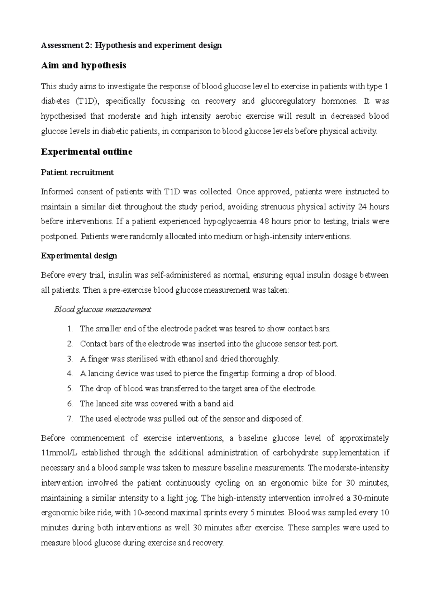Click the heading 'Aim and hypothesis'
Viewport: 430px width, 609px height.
[x=83, y=66]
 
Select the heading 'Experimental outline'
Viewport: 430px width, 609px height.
[x=87, y=152]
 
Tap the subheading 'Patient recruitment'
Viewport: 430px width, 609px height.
[x=77, y=173]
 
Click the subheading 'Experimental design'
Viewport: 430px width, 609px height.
[x=79, y=256]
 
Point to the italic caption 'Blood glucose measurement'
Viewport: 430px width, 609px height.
[x=102, y=310]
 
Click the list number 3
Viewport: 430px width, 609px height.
[x=70, y=359]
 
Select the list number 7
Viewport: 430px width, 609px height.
[x=70, y=419]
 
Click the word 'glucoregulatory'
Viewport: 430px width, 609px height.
[x=288, y=101]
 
